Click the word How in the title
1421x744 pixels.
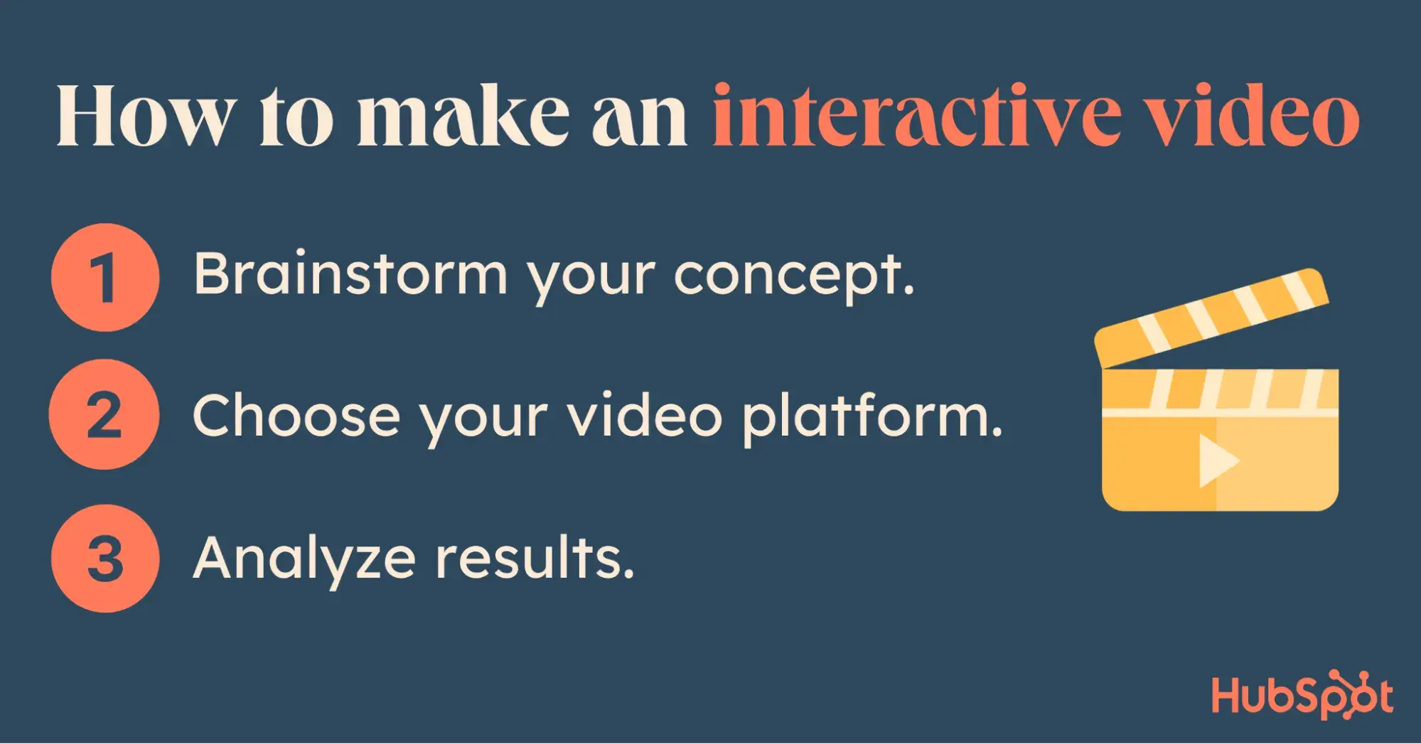tap(146, 115)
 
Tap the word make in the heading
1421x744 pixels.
tap(463, 115)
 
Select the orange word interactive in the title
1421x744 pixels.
tap(917, 115)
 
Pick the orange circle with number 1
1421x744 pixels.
tap(105, 278)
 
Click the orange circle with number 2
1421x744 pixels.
tap(104, 415)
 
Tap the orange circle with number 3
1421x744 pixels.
tap(105, 559)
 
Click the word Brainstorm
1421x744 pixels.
tap(350, 274)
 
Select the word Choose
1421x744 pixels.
tap(296, 415)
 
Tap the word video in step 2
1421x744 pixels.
tap(645, 415)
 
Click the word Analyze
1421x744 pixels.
tap(304, 561)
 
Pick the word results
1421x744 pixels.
tap(535, 559)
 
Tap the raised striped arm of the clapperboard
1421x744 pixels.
tap(1211, 318)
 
